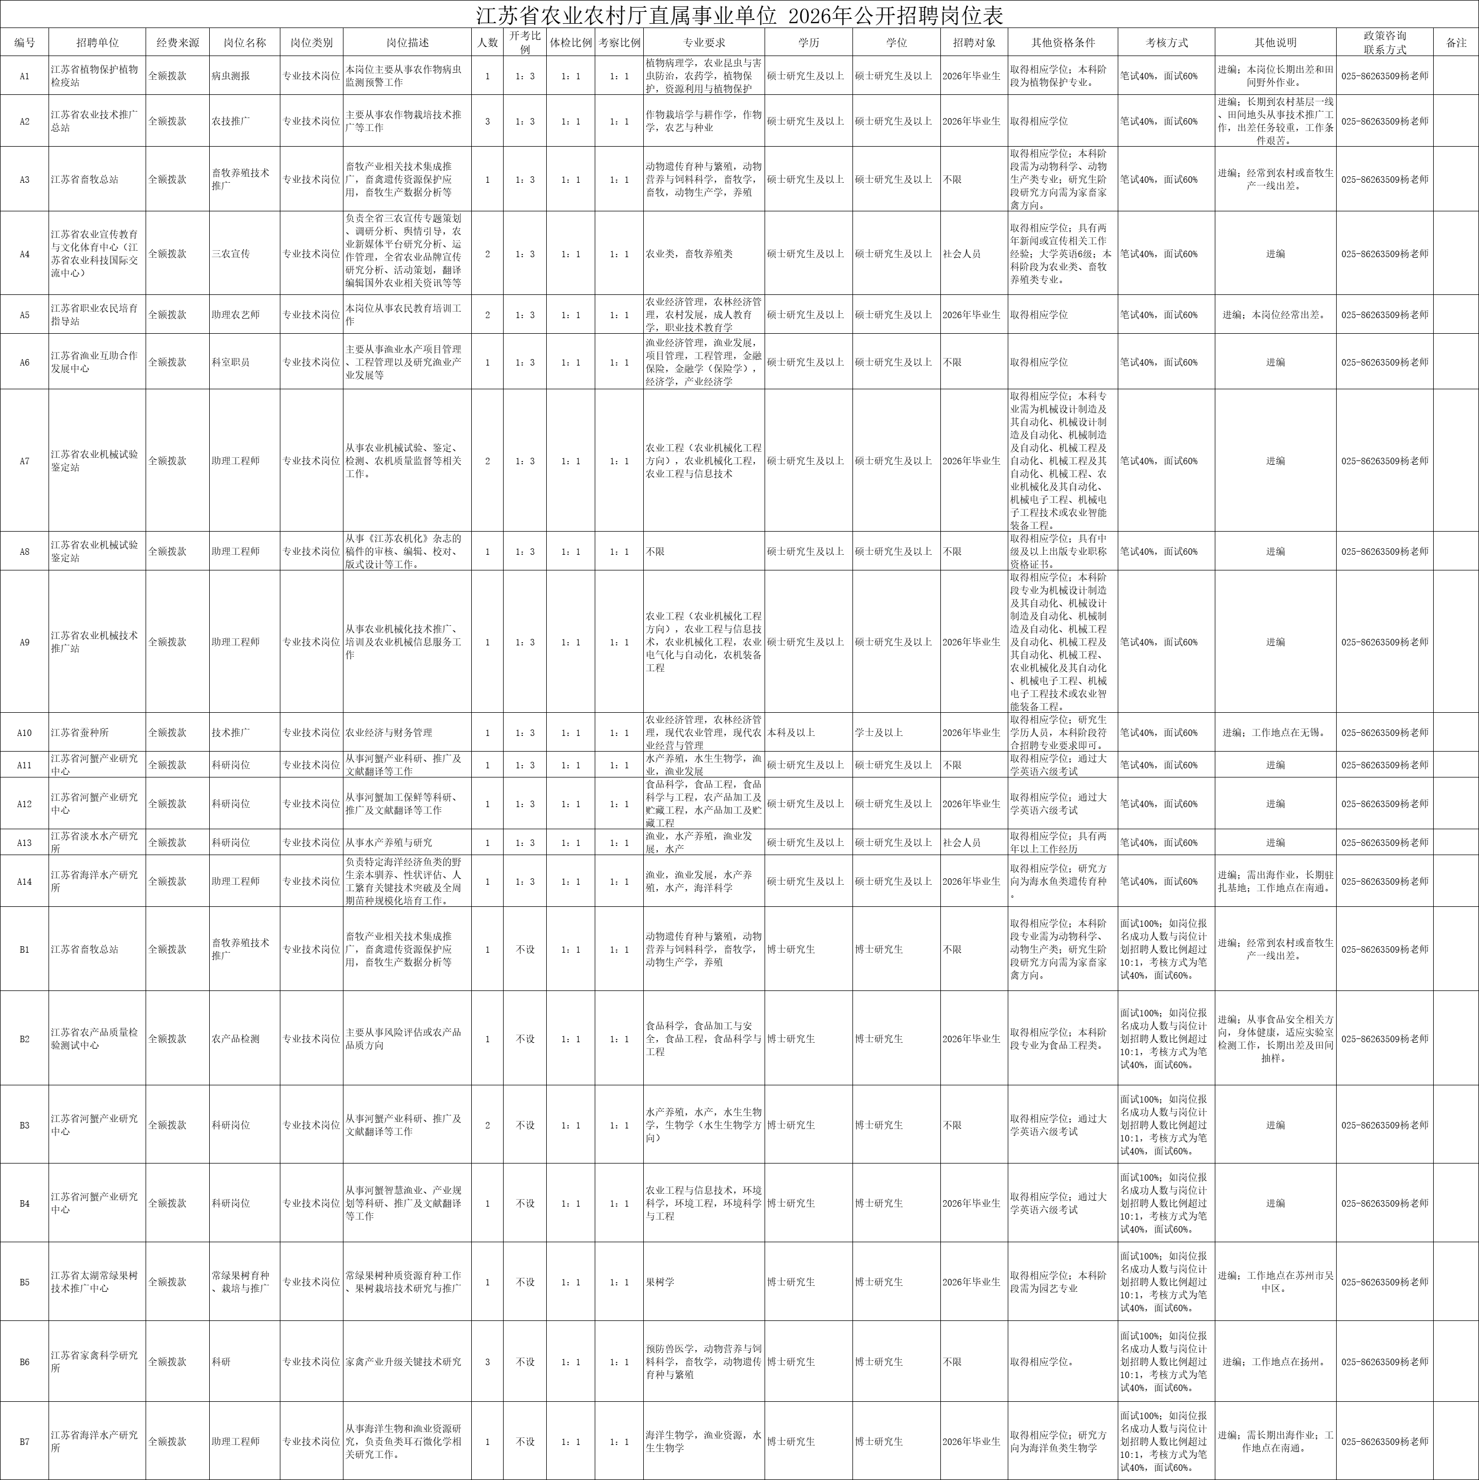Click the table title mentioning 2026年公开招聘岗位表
point(739,15)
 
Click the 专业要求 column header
point(704,43)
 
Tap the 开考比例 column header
point(525,43)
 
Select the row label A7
point(24,461)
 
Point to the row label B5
point(24,1282)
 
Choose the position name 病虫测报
point(231,77)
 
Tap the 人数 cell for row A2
point(487,121)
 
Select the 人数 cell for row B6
point(487,1362)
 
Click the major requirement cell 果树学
point(659,1282)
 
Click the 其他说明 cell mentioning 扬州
point(1275,1362)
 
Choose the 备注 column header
point(1455,43)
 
